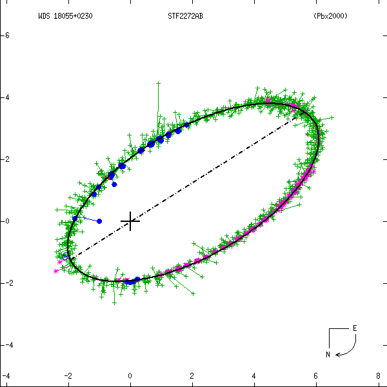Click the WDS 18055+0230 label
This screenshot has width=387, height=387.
pos(65,16)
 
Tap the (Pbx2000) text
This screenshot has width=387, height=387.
pos(330,16)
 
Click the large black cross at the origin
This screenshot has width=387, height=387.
pos(130,221)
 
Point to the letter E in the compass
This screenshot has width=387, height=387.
pos(354,328)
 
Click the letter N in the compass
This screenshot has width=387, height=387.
pos(327,354)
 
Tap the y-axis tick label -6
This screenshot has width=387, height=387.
pos(7,35)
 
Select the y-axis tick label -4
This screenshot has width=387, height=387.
pos(7,97)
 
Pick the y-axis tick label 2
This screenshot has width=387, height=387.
pos(7,283)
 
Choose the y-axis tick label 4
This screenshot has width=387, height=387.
pos(7,345)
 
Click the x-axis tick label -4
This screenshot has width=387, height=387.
pos(6,375)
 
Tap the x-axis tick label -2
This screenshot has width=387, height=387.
pos(68,375)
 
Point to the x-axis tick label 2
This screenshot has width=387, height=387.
pos(192,375)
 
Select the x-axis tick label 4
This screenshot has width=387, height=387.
pos(254,375)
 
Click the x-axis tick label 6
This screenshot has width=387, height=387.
pos(316,375)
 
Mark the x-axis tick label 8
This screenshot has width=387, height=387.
pos(378,375)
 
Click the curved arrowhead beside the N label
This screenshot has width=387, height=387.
pos(338,353)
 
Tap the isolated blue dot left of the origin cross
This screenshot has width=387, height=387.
pos(99,221)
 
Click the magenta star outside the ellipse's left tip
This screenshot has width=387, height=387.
pos(55,272)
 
